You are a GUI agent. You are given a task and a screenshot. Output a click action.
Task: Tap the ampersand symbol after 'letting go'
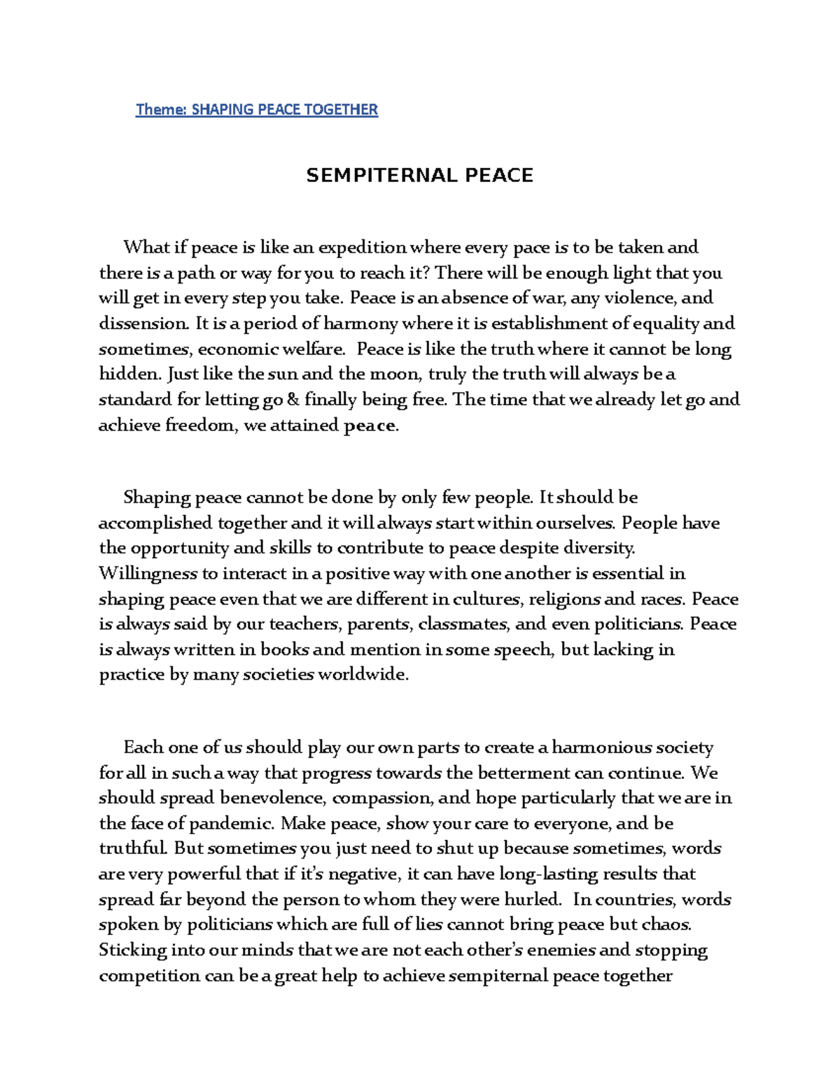click(x=293, y=400)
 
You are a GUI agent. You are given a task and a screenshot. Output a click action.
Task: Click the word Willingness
click(x=148, y=574)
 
